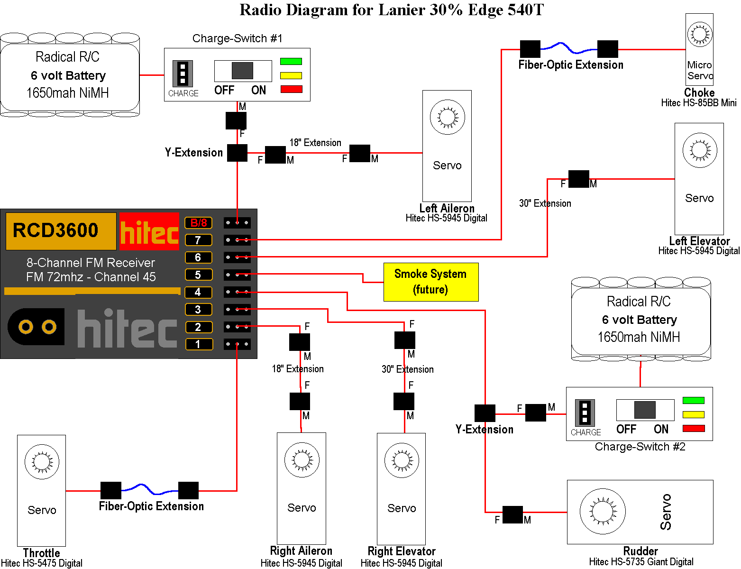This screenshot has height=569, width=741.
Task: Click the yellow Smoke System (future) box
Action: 430,282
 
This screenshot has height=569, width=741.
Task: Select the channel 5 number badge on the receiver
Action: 198,275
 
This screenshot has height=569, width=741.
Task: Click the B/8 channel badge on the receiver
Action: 198,223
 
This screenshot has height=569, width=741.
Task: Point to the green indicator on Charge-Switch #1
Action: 291,61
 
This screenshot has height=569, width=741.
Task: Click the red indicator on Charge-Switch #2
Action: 693,429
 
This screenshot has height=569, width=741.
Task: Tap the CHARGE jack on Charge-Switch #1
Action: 183,73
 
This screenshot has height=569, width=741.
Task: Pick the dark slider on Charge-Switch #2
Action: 645,410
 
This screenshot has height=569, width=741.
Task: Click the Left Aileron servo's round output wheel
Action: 447,117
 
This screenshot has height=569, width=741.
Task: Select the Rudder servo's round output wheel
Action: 602,511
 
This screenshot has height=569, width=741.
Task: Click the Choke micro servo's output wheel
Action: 699,34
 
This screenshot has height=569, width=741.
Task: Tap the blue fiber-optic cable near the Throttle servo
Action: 150,489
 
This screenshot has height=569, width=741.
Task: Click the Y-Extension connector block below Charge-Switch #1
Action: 237,153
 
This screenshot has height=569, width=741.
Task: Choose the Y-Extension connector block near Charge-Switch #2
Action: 485,413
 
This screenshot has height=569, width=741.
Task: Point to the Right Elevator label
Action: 401,551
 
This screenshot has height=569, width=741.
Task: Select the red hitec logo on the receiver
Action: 149,231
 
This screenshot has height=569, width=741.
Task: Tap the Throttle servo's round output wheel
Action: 42,462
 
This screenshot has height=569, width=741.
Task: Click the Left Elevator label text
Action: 699,241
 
